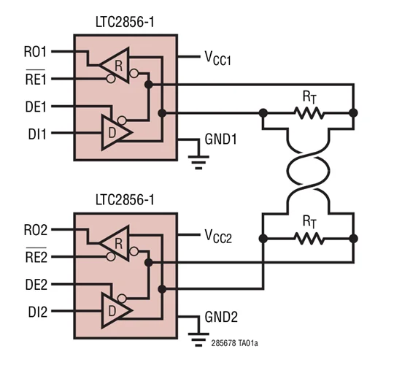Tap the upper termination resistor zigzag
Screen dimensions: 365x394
[x=308, y=112]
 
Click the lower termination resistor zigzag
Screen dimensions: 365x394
[x=308, y=238]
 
